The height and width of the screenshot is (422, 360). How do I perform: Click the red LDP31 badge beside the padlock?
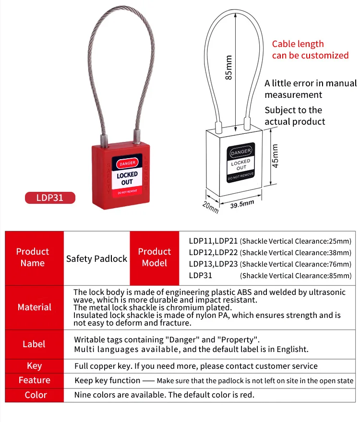click(50, 198)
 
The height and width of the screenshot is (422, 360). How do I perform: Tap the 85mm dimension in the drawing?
click(229, 67)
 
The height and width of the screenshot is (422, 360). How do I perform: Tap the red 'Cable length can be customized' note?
click(310, 50)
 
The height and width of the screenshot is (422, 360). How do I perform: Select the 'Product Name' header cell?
click(33, 257)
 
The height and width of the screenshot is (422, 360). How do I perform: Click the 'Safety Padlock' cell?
click(97, 258)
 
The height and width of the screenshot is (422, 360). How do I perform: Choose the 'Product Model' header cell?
click(155, 257)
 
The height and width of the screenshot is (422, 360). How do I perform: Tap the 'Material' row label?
click(34, 307)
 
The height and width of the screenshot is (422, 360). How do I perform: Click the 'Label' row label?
click(34, 344)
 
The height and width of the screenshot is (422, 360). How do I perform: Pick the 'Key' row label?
click(34, 366)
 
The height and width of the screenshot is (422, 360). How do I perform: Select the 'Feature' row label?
click(34, 380)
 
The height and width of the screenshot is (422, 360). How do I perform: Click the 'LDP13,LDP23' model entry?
click(213, 264)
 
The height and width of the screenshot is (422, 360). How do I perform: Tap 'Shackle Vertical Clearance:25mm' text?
click(296, 241)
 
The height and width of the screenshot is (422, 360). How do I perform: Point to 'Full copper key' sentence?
click(196, 366)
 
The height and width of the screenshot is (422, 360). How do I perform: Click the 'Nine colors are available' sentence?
click(164, 395)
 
